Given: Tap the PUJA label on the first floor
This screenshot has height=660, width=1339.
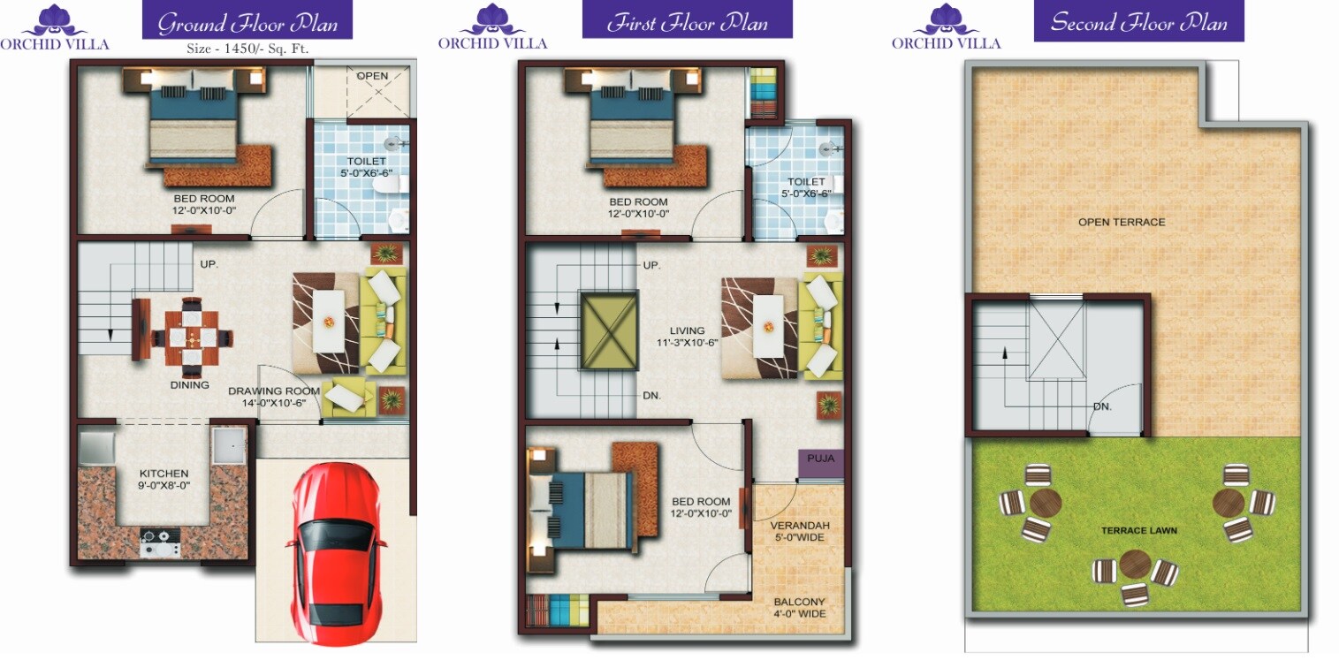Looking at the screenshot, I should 821,459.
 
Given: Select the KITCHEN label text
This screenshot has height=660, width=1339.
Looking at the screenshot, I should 164,474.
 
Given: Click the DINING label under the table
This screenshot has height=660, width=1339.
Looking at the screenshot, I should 190,384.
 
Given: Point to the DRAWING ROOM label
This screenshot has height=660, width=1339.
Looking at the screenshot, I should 273,391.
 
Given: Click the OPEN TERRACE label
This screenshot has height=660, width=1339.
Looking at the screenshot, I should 1122,222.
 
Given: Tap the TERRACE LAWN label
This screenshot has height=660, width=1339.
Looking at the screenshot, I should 1138,530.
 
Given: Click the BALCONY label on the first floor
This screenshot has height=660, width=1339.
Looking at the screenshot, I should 800,602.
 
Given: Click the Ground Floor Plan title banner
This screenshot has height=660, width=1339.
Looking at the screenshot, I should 247,21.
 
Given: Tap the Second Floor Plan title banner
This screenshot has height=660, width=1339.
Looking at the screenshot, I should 1138,21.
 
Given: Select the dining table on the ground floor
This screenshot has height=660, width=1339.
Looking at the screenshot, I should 192,336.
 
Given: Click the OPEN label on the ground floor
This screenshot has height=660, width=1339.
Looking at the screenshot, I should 372,76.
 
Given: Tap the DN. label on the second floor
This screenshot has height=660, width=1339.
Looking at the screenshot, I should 1101,407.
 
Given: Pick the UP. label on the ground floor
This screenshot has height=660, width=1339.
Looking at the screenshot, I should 209,264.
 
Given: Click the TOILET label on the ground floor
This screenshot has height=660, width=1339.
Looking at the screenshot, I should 366,162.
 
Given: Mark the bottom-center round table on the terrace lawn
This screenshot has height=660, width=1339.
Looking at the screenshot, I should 1135,563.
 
